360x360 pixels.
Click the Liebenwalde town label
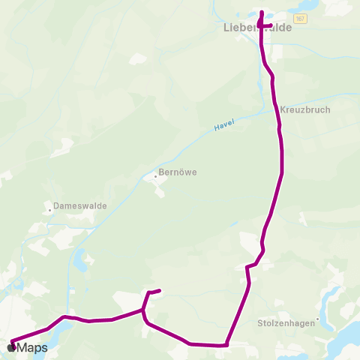(x=257, y=28)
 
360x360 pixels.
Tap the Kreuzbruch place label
(x=305, y=109)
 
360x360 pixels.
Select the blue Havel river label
(x=223, y=127)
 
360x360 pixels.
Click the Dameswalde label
(x=80, y=205)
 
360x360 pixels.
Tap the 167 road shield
(x=299, y=18)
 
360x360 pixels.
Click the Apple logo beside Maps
(x=11, y=347)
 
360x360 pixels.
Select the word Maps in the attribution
(x=31, y=348)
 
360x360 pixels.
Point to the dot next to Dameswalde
(x=49, y=211)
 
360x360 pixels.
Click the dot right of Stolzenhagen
(x=319, y=319)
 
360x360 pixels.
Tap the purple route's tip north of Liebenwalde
(x=261, y=12)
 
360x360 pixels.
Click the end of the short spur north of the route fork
(x=160, y=290)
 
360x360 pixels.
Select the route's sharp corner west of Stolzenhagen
(x=226, y=346)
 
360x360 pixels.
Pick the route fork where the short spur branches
(x=143, y=310)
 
